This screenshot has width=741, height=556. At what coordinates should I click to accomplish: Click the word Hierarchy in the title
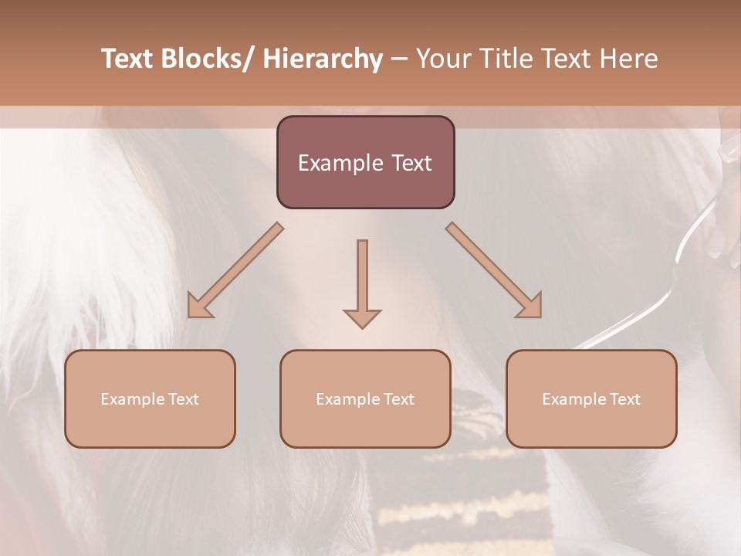(323, 59)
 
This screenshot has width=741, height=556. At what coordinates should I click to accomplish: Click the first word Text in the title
(128, 59)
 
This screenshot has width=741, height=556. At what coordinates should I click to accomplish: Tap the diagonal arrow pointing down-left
(236, 270)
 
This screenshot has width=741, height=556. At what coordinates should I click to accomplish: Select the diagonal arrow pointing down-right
(494, 270)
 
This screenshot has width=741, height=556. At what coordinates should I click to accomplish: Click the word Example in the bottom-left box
(133, 399)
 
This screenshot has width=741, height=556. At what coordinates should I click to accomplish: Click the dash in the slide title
(399, 59)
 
